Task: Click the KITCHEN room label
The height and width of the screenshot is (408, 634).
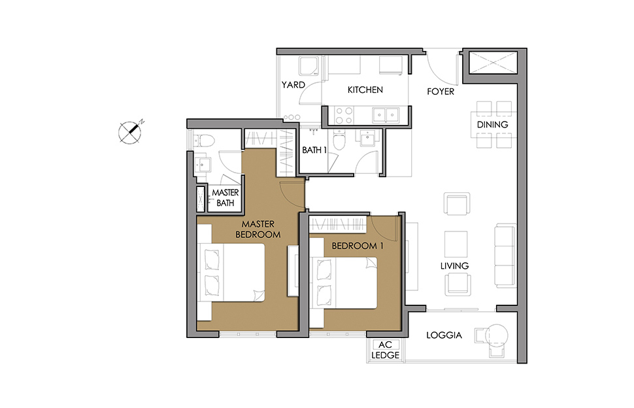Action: [365, 90]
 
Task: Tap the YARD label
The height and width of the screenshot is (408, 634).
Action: [293, 85]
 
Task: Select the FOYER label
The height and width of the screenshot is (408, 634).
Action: [441, 92]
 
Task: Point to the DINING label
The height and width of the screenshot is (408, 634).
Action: [492, 124]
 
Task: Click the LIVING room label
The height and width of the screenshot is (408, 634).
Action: [454, 266]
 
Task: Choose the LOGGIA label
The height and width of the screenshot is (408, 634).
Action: [444, 335]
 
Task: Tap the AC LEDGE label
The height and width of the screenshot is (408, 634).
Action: [386, 350]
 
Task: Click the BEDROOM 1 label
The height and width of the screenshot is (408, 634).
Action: [358, 246]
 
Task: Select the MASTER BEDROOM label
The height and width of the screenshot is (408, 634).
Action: [258, 229]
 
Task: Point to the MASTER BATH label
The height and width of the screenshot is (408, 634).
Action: [225, 197]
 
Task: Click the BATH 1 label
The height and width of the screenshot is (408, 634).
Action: [314, 150]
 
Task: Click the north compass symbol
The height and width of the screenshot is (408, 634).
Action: [130, 132]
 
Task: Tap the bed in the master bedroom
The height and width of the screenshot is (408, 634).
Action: [231, 273]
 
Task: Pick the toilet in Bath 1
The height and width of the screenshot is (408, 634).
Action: [339, 141]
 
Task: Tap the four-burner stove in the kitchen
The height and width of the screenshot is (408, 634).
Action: [344, 115]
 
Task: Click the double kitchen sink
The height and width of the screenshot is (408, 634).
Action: [386, 115]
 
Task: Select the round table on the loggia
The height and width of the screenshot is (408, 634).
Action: [497, 335]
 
